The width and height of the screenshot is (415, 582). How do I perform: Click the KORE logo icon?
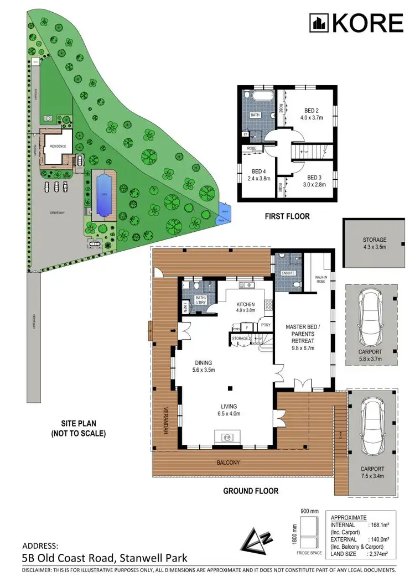point(318,23)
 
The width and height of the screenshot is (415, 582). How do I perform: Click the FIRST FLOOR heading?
point(287,216)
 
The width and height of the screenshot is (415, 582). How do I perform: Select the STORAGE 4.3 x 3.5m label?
point(375,243)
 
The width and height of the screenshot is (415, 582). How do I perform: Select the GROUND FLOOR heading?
point(250,491)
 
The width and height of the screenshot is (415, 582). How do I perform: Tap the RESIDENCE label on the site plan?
point(58,146)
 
